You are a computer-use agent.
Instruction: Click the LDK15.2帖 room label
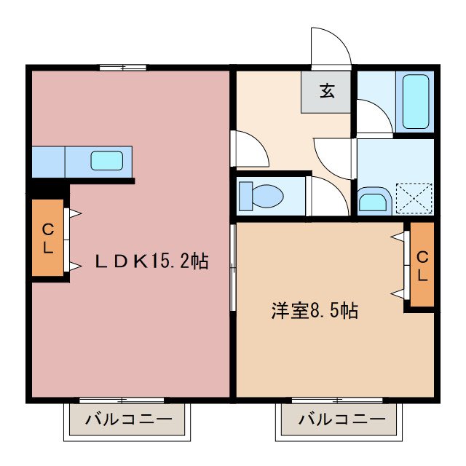click(152, 261)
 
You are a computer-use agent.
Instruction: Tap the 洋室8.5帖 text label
click(314, 310)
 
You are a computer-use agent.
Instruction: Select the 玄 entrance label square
click(327, 92)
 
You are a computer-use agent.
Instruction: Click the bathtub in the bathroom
click(415, 101)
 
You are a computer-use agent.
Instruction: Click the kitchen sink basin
click(108, 160)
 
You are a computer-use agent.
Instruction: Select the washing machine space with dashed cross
click(413, 197)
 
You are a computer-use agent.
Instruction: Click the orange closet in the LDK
click(47, 238)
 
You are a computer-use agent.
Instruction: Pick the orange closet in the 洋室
click(422, 266)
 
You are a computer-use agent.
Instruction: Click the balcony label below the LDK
click(128, 420)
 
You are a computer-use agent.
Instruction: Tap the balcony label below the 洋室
click(341, 420)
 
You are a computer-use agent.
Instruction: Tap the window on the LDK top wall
click(122, 68)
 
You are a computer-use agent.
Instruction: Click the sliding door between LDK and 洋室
click(233, 269)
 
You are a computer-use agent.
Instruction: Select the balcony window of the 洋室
click(338, 399)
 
